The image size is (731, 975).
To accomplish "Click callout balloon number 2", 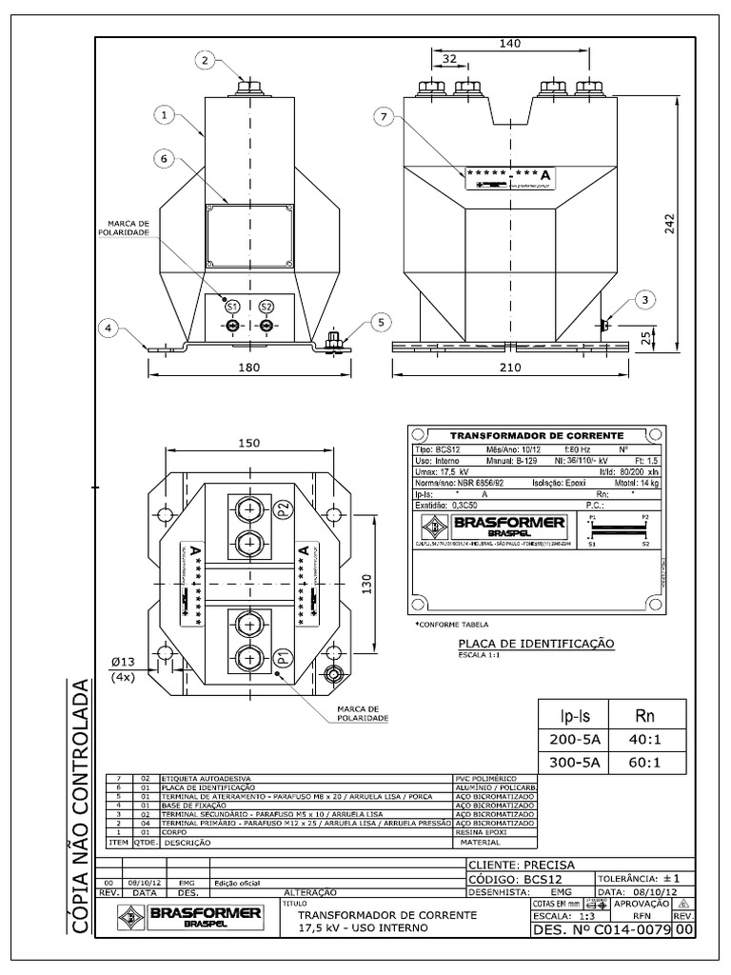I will pos(204,60).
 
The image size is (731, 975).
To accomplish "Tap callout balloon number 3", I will pos(645,301).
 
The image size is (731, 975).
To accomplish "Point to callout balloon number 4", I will pos(110,328).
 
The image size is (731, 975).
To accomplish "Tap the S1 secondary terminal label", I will pos(232,306).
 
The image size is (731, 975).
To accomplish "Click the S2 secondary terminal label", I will pos(267,306).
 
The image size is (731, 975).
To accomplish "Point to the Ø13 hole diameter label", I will pos(122,662).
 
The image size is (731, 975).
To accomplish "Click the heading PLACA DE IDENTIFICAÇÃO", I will pos(536,644).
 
